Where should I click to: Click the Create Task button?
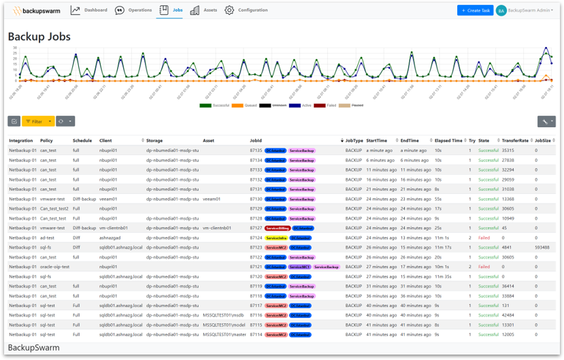(475, 10)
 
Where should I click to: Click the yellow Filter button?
(37, 121)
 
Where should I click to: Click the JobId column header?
(256, 140)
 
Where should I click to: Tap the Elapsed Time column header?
(448, 140)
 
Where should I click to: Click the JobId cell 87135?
(256, 150)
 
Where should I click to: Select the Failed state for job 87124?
(484, 238)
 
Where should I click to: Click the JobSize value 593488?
(543, 248)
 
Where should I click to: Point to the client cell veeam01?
(108, 199)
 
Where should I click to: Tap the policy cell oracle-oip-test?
(55, 267)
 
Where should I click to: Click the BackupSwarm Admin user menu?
(525, 10)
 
